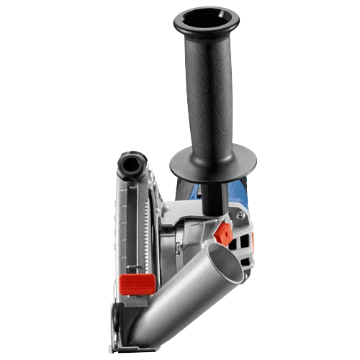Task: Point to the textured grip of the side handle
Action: pyautogui.click(x=211, y=94)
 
